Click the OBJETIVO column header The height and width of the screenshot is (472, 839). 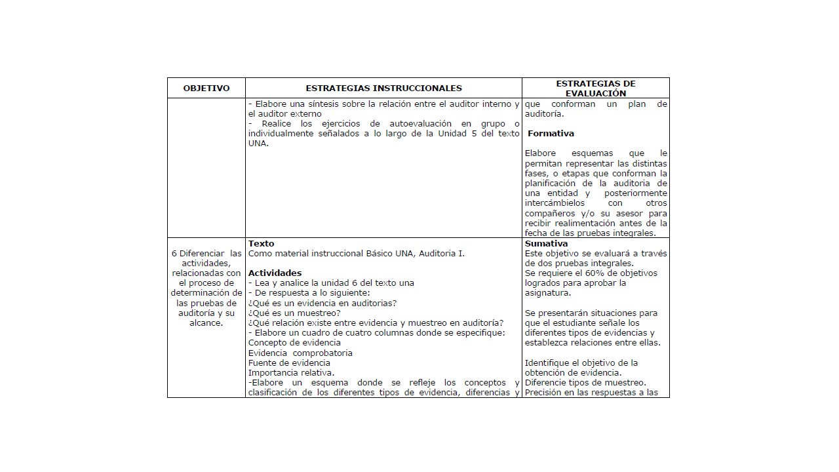tap(206, 88)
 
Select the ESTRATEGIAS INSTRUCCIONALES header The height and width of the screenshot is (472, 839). tap(383, 88)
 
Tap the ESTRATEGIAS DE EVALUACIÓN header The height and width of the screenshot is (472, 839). tap(595, 88)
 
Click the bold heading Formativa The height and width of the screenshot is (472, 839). tap(551, 134)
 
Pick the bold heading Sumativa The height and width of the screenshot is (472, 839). tap(547, 244)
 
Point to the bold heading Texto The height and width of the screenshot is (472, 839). tap(261, 244)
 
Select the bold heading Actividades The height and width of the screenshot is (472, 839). tap(275, 273)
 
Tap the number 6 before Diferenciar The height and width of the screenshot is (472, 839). tap(174, 254)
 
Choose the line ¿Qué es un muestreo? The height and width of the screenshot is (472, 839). tap(294, 313)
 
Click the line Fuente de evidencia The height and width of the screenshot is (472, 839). tap(289, 363)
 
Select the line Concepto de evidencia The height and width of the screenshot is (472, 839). tap(294, 343)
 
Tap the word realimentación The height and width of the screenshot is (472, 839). tap(581, 224)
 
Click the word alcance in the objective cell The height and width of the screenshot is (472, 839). tap(205, 323)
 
